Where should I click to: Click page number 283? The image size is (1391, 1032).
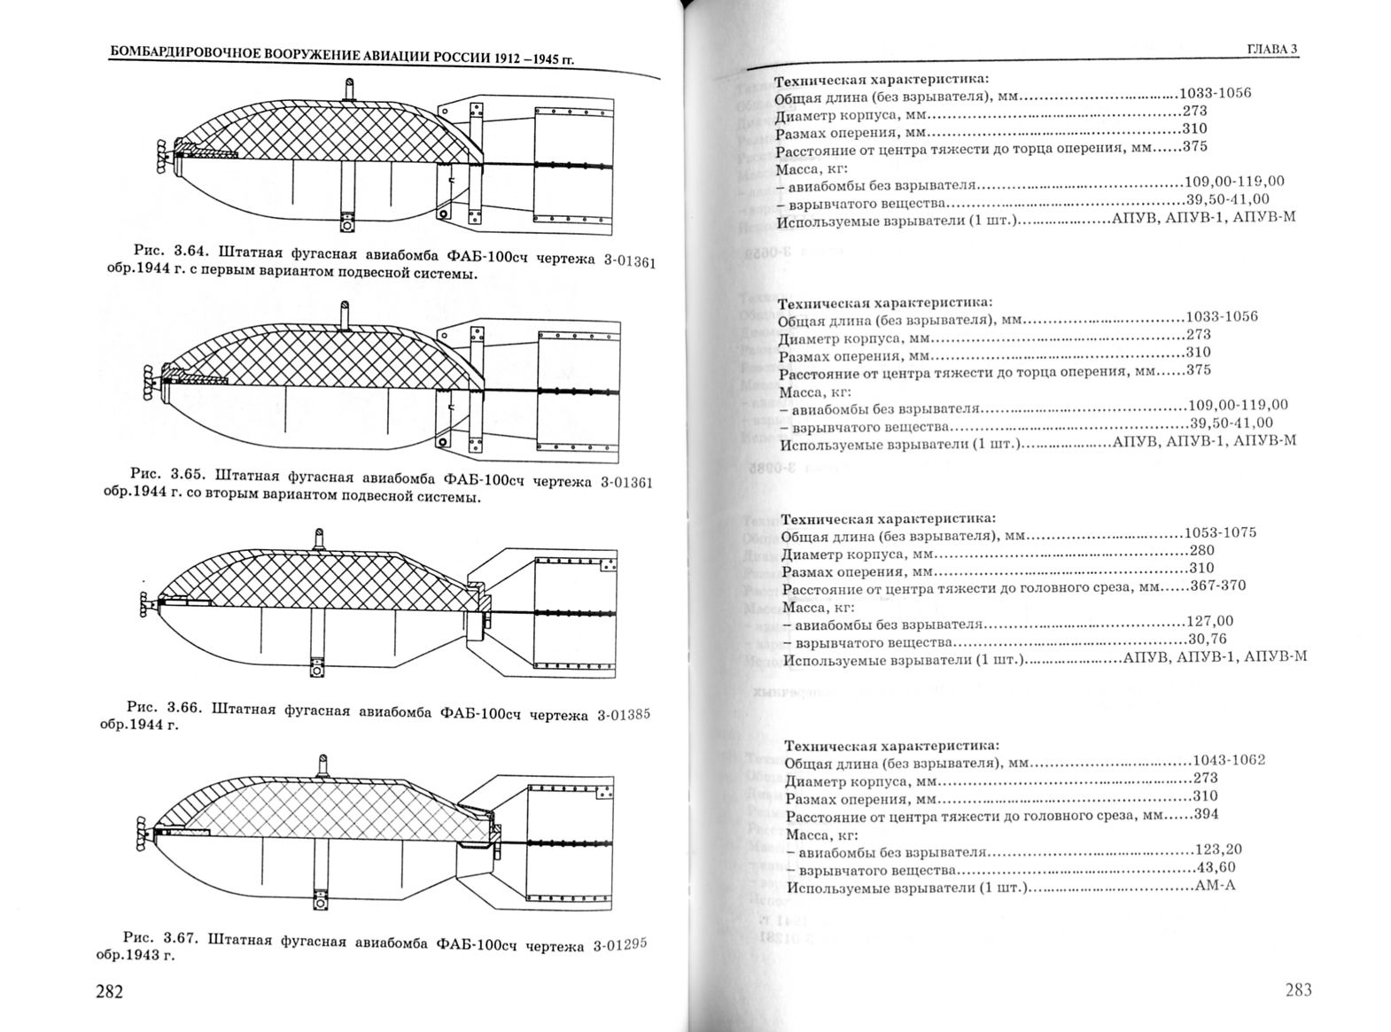(1293, 989)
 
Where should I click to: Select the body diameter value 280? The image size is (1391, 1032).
(1202, 550)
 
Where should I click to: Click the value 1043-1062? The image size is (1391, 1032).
(1229, 760)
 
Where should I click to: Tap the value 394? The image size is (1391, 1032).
(1206, 814)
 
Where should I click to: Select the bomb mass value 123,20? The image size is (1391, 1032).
(1220, 849)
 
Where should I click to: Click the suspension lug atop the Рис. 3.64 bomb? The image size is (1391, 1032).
(350, 89)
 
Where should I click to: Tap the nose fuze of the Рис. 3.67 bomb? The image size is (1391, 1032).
(143, 828)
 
